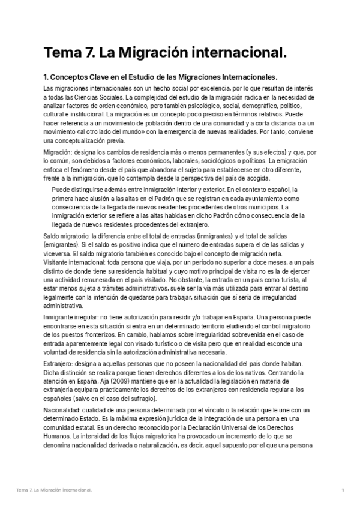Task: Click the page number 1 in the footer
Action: pos(342,491)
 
